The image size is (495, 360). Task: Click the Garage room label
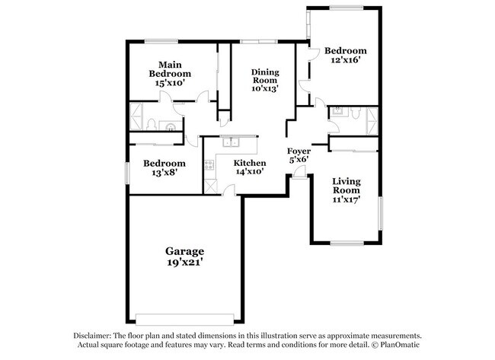click(185, 251)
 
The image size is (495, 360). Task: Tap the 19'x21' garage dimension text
click(185, 262)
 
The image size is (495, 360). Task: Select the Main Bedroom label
click(170, 69)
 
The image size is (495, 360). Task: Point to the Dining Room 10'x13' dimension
click(265, 88)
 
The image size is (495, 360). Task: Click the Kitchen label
click(250, 163)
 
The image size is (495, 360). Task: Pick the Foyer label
click(299, 151)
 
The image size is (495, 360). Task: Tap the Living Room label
click(346, 186)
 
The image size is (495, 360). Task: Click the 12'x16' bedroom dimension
click(346, 60)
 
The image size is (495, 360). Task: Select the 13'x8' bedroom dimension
click(164, 173)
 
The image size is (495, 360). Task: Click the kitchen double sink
click(231, 142)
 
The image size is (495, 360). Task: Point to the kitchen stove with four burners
click(209, 165)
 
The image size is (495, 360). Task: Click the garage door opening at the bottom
click(185, 320)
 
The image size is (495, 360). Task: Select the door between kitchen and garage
click(228, 191)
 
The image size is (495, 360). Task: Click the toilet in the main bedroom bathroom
click(151, 124)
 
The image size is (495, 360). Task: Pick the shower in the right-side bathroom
click(372, 121)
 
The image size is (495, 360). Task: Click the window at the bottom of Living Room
click(346, 243)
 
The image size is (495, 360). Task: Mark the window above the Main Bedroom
click(161, 41)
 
